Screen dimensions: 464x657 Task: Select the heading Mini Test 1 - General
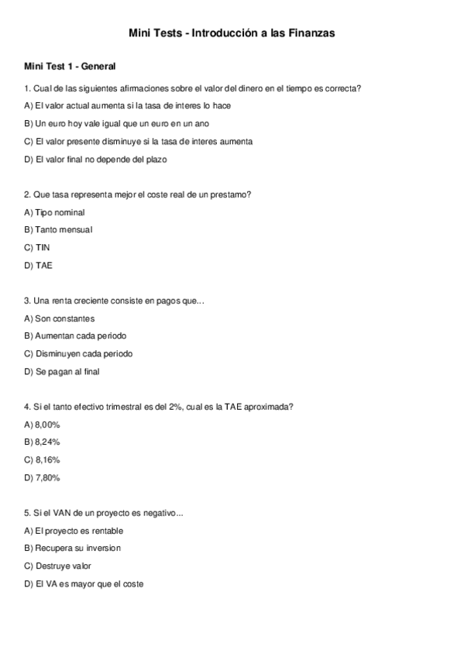[70, 67]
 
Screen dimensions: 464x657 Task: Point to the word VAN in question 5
[57, 513]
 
